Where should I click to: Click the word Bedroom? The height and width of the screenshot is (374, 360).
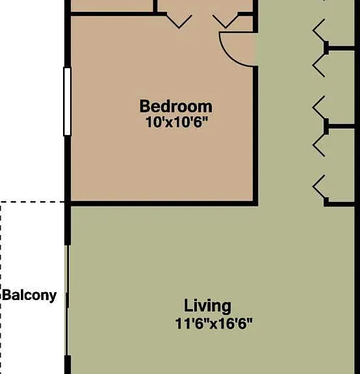click(176, 106)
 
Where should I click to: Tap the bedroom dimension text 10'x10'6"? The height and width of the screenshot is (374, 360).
click(176, 122)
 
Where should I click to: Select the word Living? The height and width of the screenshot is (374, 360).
click(207, 306)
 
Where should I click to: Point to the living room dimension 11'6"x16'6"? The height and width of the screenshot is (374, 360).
click(213, 323)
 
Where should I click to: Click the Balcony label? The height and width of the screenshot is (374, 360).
click(29, 295)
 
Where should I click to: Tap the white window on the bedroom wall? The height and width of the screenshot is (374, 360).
click(68, 102)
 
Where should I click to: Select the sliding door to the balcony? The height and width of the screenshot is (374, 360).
click(68, 300)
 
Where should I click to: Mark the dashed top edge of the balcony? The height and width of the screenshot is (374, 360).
click(32, 202)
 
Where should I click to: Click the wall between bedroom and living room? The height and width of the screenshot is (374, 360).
click(162, 203)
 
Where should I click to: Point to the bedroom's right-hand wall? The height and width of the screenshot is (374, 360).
click(255, 135)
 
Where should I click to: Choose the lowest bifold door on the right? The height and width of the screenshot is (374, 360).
click(320, 187)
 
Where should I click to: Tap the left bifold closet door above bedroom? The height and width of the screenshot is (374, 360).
click(179, 21)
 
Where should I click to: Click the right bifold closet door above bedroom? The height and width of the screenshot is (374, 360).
click(225, 21)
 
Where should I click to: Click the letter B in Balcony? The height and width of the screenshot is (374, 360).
click(6, 295)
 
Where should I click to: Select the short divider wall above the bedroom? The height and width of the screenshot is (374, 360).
click(155, 6)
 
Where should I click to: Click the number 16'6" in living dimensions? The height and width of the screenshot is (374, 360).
click(235, 323)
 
